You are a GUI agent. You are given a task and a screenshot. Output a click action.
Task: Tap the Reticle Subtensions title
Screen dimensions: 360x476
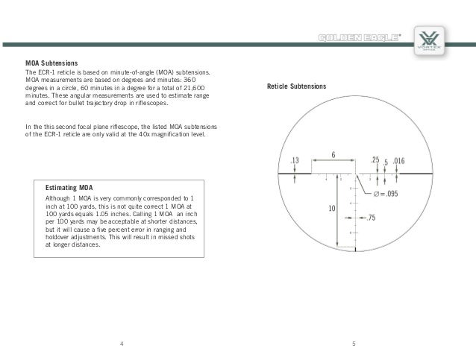coord(296,87)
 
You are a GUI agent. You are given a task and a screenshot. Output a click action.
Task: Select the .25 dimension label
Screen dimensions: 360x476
coord(375,160)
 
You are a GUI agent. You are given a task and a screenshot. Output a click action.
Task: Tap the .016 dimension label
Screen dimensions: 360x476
coord(399,160)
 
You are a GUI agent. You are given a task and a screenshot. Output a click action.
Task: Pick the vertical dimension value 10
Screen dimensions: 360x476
coord(331,209)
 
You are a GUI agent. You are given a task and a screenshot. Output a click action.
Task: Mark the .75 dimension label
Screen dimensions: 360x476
coord(371,218)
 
